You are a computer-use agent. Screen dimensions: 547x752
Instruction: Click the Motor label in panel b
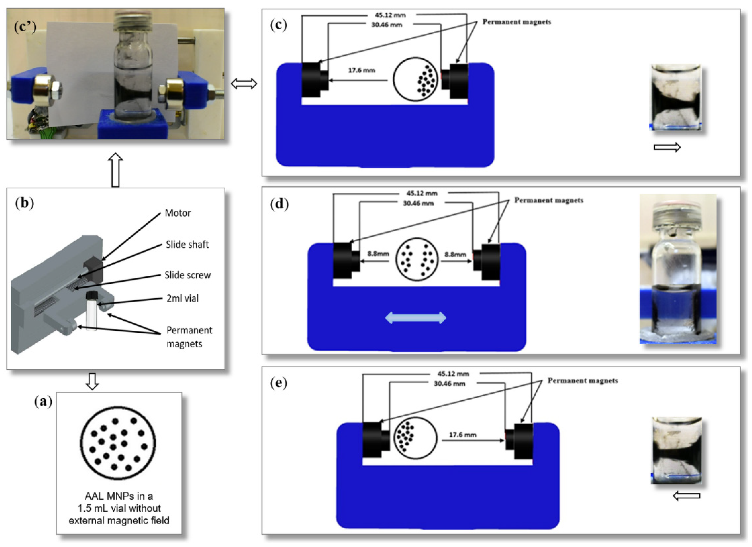coord(177,213)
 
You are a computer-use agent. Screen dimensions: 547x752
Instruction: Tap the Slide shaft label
coord(187,245)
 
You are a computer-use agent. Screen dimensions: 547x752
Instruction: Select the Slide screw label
coord(187,275)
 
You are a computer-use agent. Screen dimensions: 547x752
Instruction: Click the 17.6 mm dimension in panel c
coord(361,71)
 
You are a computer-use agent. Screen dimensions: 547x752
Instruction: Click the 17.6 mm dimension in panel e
coord(463,435)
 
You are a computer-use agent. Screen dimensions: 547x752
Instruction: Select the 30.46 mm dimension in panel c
coord(387,25)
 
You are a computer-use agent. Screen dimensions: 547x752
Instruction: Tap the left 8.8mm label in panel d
coord(378,254)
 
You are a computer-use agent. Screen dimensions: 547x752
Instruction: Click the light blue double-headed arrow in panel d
coord(415,318)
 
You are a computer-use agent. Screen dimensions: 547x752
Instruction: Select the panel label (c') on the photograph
coord(25,26)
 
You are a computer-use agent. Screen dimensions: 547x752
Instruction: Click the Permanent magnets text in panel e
coord(583,381)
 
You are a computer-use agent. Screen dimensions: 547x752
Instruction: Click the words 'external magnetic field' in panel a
coord(119,521)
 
